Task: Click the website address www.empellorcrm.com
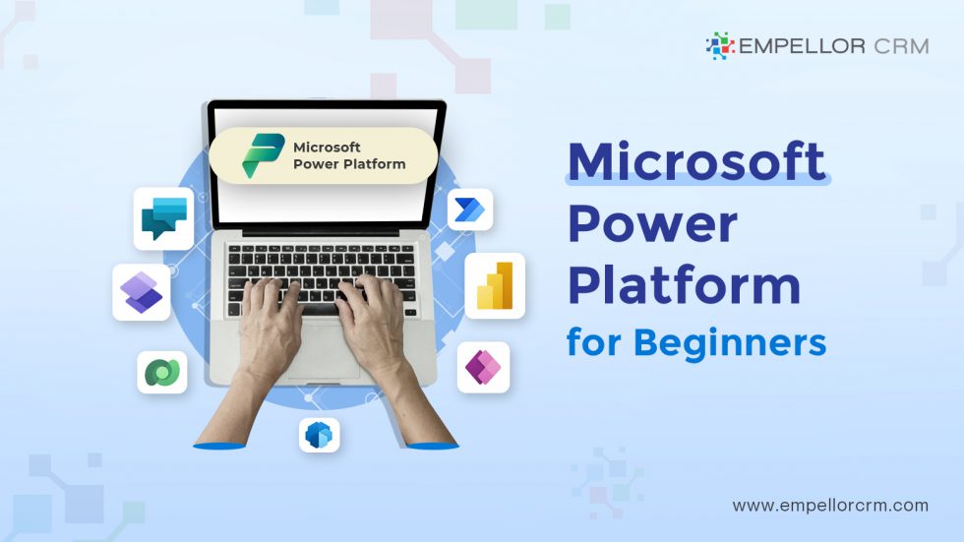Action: click(830, 506)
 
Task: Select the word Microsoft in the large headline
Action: click(696, 162)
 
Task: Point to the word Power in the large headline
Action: click(652, 225)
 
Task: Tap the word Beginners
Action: click(729, 342)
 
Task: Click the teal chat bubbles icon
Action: click(163, 218)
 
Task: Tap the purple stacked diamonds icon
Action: click(142, 292)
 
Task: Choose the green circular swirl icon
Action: click(161, 372)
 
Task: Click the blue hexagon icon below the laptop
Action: click(319, 435)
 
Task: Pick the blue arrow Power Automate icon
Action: click(469, 210)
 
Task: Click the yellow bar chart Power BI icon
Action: click(494, 285)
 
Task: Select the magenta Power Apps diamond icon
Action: click(483, 367)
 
